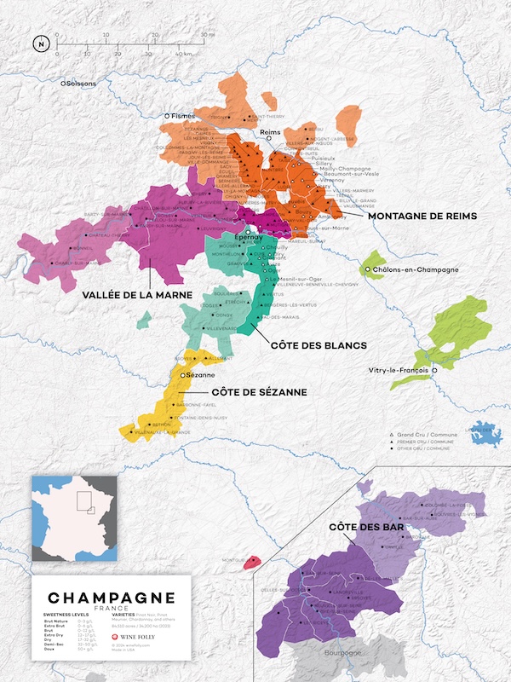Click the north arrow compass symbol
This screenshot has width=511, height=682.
coord(40,43)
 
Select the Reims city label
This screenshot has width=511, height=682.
coord(270,133)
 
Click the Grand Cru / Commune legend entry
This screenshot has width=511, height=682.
coord(427,434)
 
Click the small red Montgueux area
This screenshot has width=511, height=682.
coord(252,563)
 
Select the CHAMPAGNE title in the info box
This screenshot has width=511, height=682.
coord(112,598)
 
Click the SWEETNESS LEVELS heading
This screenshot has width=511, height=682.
coord(65,614)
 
